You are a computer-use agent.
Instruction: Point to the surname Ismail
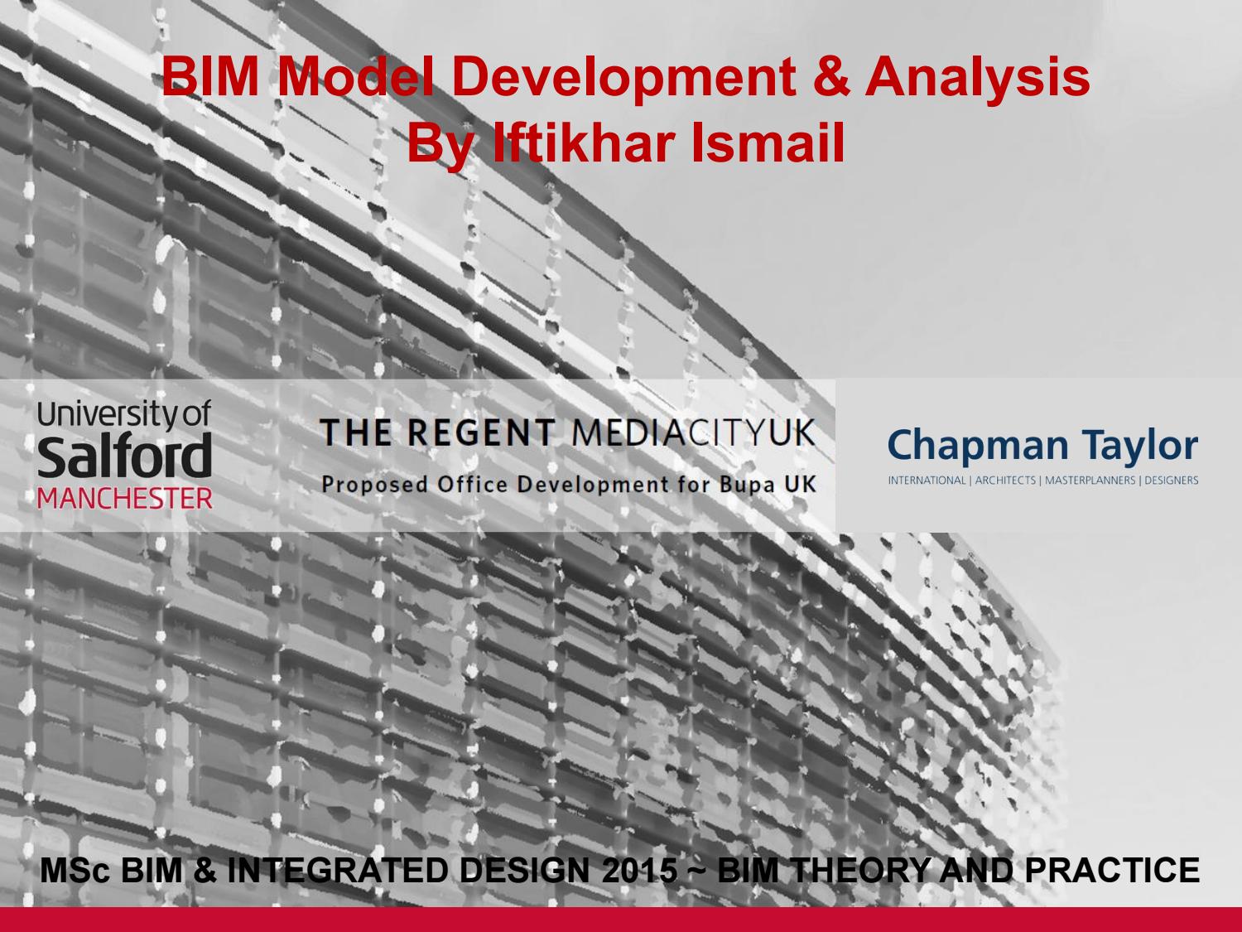click(x=767, y=143)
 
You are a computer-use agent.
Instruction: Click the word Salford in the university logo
click(x=125, y=457)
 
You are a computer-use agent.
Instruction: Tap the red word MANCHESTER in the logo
click(x=125, y=499)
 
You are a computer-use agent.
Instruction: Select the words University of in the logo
click(x=125, y=414)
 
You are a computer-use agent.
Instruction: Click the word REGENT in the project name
click(x=482, y=432)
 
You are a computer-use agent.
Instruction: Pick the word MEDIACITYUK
click(x=693, y=432)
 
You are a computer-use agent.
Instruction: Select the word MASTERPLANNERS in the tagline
click(x=1090, y=480)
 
